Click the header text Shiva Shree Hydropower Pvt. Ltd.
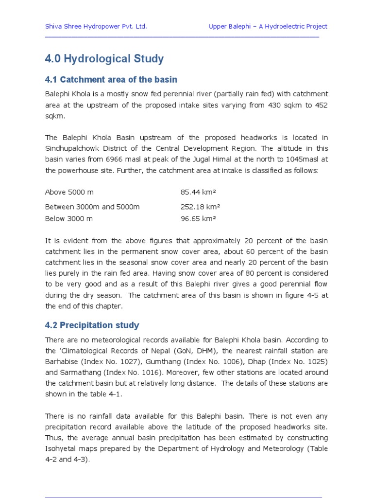pos(96,26)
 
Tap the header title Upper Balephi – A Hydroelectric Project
pos(268,26)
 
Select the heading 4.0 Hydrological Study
pos(104,59)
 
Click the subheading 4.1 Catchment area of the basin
pos(111,79)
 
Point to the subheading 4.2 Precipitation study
pos(92,325)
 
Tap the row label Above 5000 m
pos(69,192)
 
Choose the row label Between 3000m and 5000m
pos(92,207)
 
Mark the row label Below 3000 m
pos(68,218)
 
